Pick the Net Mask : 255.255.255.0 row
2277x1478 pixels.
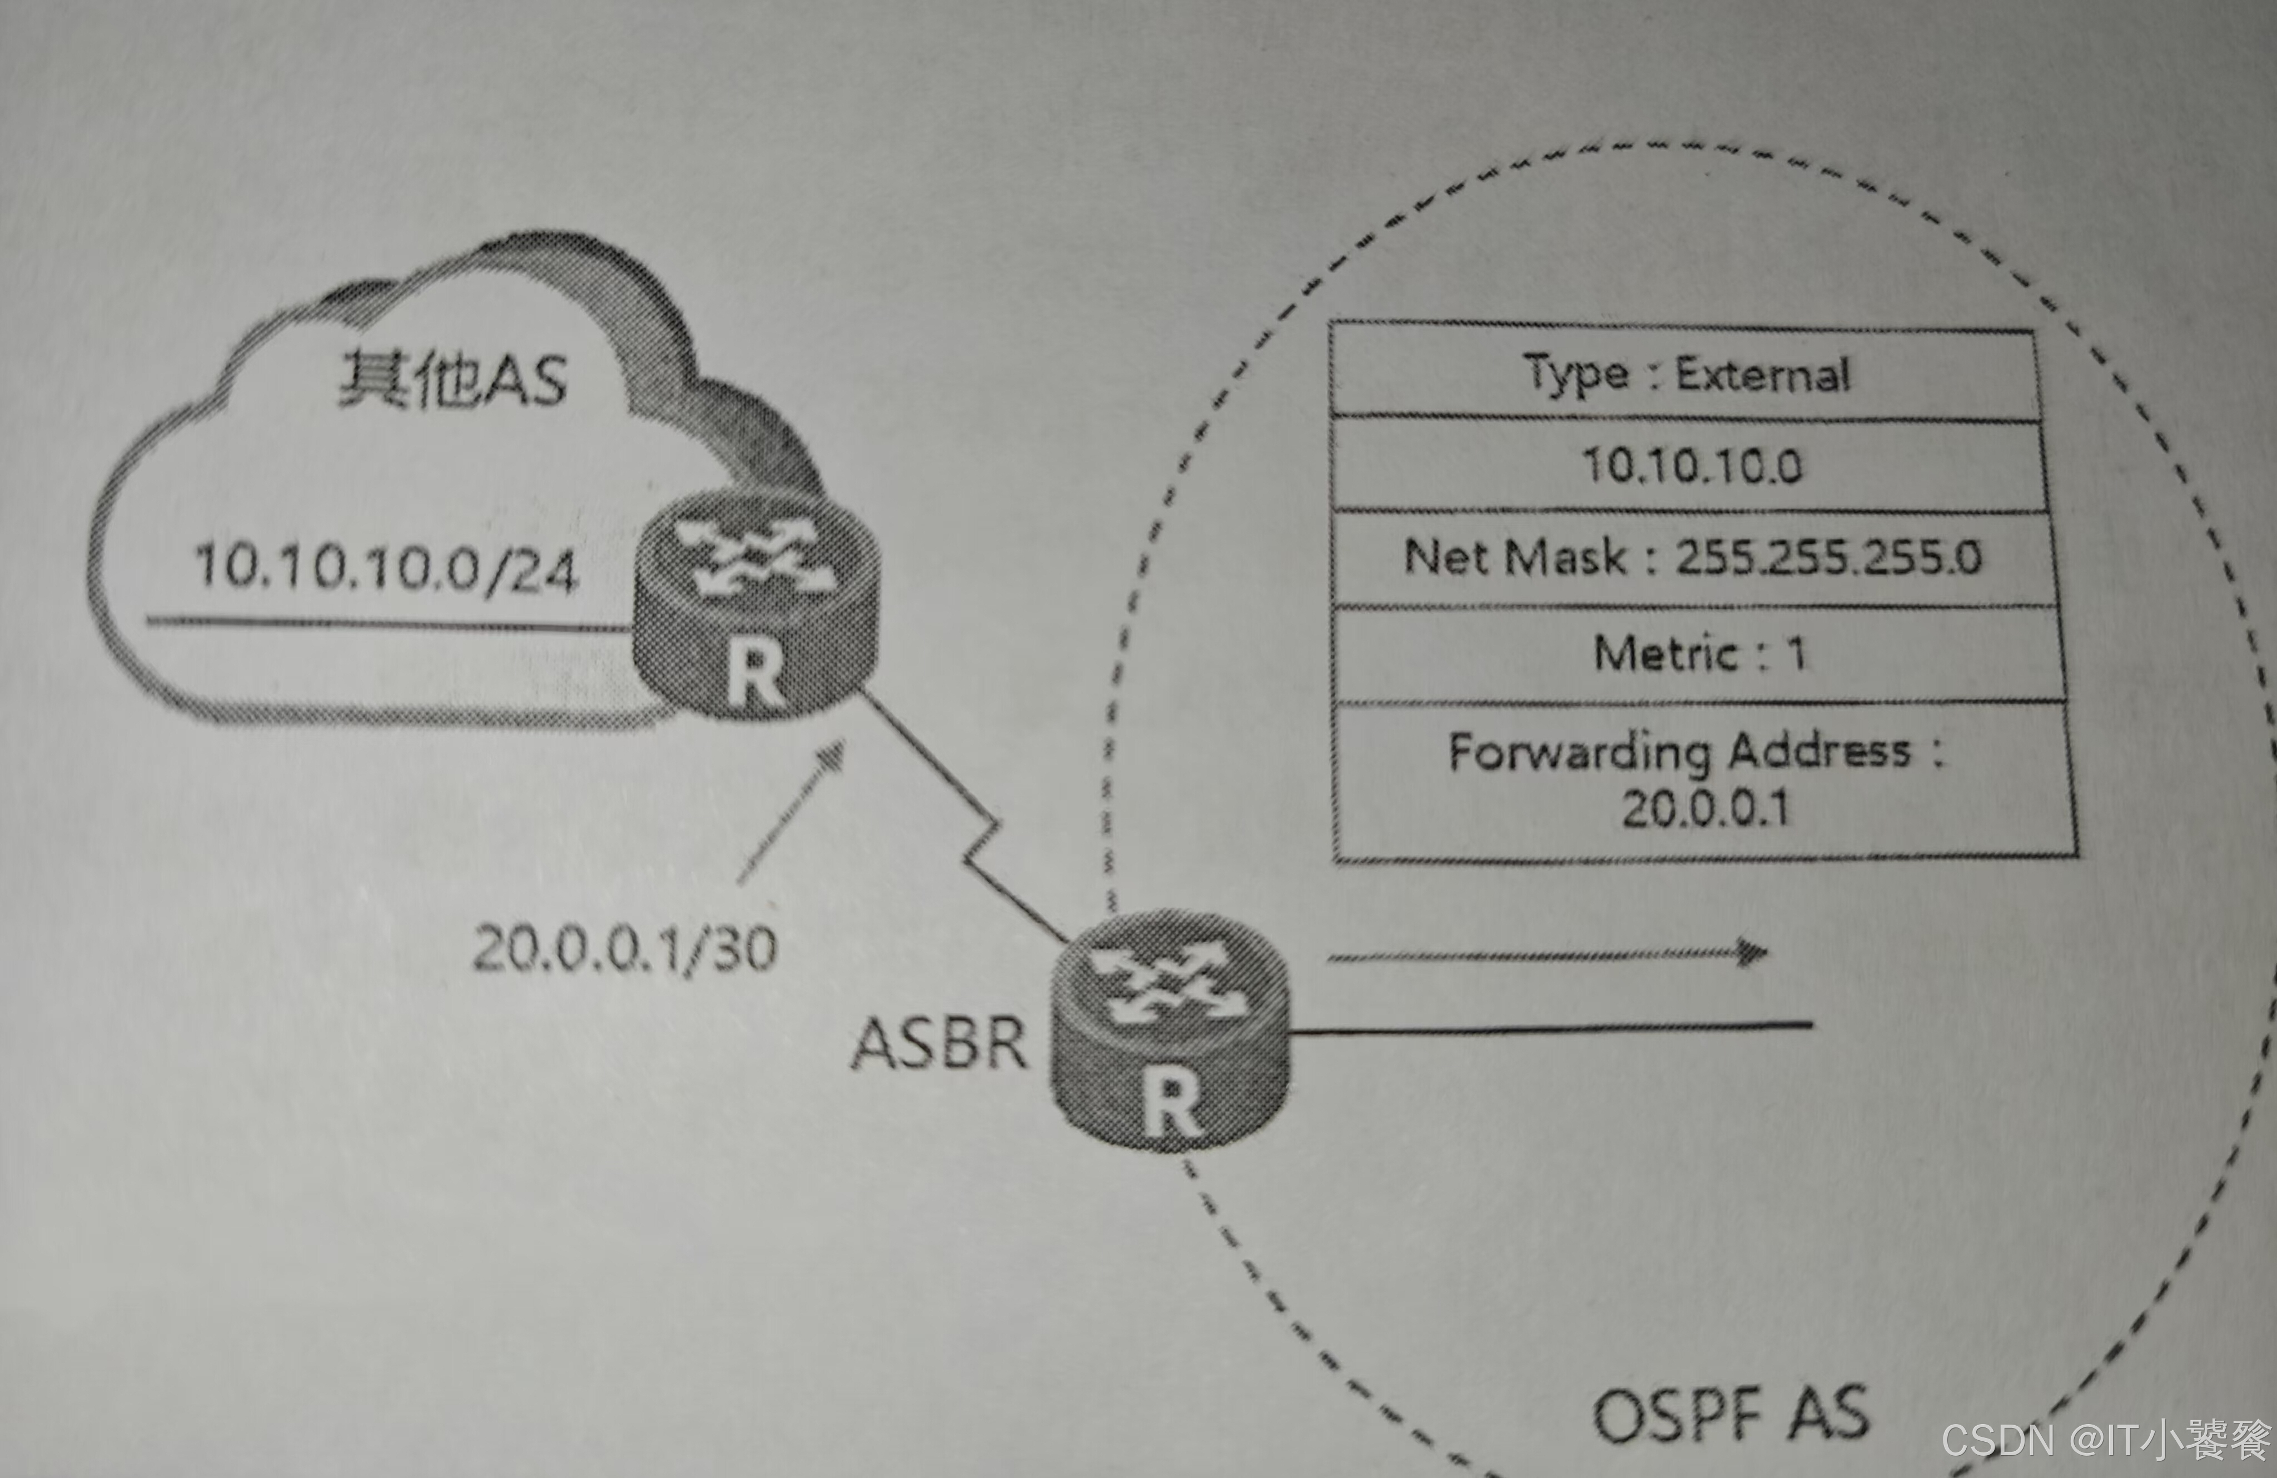click(x=1692, y=558)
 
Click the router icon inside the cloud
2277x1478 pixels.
click(x=756, y=603)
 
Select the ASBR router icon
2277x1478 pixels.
click(x=1169, y=1028)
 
